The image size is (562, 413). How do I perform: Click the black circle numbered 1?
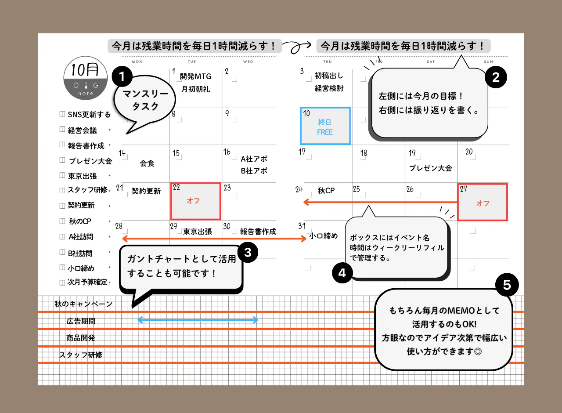122,76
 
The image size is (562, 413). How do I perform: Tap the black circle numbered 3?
248,252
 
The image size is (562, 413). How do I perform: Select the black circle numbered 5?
507,285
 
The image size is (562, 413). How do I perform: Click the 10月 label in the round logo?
85,69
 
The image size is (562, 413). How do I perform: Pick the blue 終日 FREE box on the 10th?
325,126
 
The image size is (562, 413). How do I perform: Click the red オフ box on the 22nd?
195,201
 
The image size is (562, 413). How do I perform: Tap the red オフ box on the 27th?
483,202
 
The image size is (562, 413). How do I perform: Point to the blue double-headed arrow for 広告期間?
198,320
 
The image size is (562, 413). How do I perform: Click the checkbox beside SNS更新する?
62,114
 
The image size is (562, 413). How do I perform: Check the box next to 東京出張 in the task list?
62,175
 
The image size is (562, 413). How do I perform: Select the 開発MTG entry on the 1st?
195,76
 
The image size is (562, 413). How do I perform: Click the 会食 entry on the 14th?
147,163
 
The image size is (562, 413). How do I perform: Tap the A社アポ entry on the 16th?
254,159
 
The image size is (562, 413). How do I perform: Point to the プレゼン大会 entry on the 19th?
431,168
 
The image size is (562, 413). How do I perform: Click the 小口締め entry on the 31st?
324,236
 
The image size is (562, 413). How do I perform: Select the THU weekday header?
328,62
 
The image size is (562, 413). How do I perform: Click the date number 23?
227,188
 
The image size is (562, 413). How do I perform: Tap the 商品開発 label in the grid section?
80,338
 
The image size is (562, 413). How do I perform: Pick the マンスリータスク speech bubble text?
145,100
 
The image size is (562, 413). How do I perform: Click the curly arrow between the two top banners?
297,47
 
